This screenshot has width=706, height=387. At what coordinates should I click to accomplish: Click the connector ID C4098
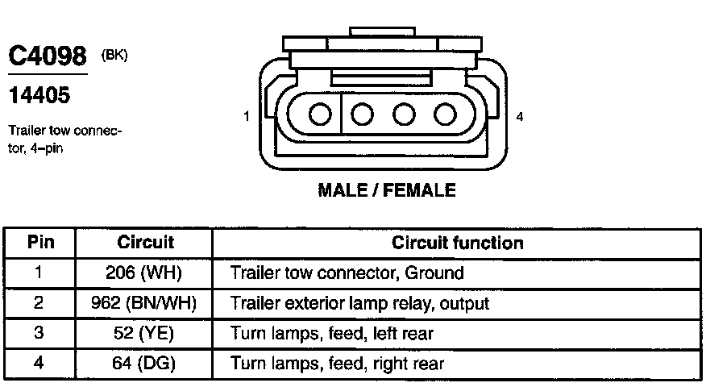[47, 57]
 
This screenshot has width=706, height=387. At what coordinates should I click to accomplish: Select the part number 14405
[39, 95]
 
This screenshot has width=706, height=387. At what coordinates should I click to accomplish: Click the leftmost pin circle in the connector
[320, 114]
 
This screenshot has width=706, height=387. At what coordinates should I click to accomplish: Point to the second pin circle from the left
[362, 114]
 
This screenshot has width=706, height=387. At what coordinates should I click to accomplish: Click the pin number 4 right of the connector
[520, 117]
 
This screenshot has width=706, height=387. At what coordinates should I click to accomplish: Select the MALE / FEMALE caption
[387, 190]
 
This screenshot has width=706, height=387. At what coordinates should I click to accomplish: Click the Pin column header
[40, 242]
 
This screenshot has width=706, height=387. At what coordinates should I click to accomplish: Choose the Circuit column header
[146, 242]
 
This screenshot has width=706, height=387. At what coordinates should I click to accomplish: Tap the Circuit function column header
[457, 242]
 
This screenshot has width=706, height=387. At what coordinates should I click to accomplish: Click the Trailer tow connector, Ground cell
[347, 273]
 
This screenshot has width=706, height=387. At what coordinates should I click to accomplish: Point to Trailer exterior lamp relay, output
[360, 303]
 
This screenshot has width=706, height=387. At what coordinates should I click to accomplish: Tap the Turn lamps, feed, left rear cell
[333, 334]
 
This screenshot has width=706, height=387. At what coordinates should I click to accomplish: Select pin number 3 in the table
[39, 334]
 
